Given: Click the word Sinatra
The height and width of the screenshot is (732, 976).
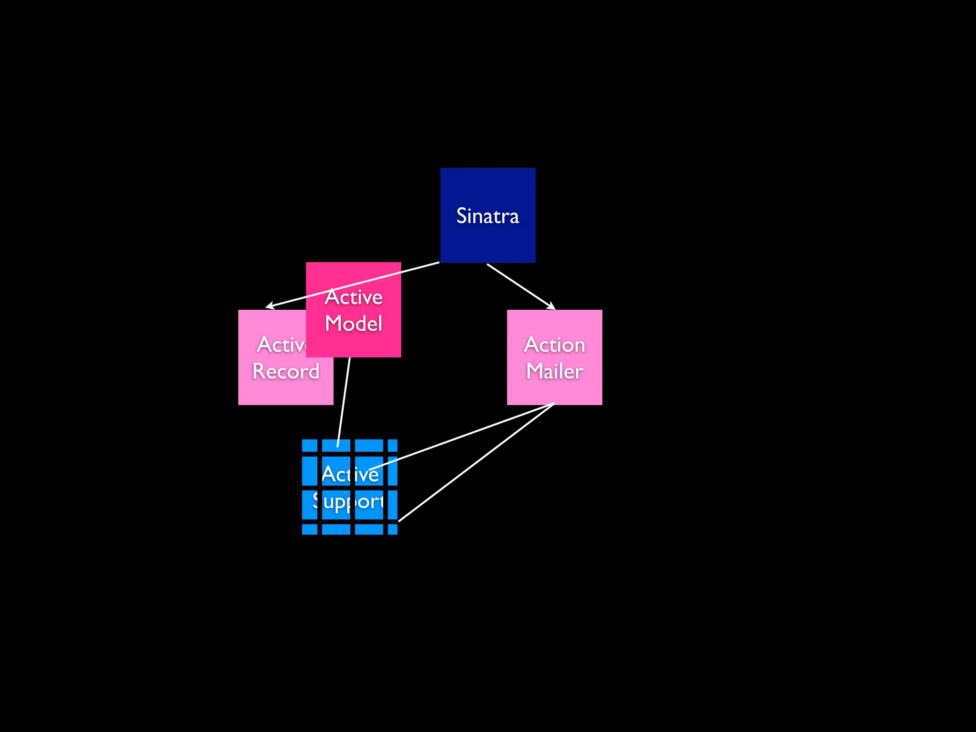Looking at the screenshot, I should [x=488, y=216].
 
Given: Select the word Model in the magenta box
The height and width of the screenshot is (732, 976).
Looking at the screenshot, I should [x=354, y=324].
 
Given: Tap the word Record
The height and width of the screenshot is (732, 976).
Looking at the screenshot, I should [x=285, y=371].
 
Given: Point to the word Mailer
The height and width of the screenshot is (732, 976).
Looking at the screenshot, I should [x=554, y=371].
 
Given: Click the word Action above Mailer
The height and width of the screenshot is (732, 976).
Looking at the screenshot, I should [x=554, y=345].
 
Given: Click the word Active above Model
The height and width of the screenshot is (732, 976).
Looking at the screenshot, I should [x=354, y=297].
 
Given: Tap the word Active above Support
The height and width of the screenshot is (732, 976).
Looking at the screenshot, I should [x=350, y=474].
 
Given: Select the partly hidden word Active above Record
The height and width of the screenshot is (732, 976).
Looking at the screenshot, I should [x=282, y=345].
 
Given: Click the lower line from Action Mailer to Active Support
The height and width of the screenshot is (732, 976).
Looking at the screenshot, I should [x=477, y=462].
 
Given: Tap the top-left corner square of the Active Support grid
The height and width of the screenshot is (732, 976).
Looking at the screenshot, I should [x=310, y=446].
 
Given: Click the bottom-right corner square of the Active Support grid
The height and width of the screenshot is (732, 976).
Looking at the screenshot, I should [x=393, y=529].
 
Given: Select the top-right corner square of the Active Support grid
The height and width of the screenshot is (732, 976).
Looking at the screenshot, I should [x=393, y=446].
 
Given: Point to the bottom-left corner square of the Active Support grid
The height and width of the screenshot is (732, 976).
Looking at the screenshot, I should [x=310, y=529].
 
